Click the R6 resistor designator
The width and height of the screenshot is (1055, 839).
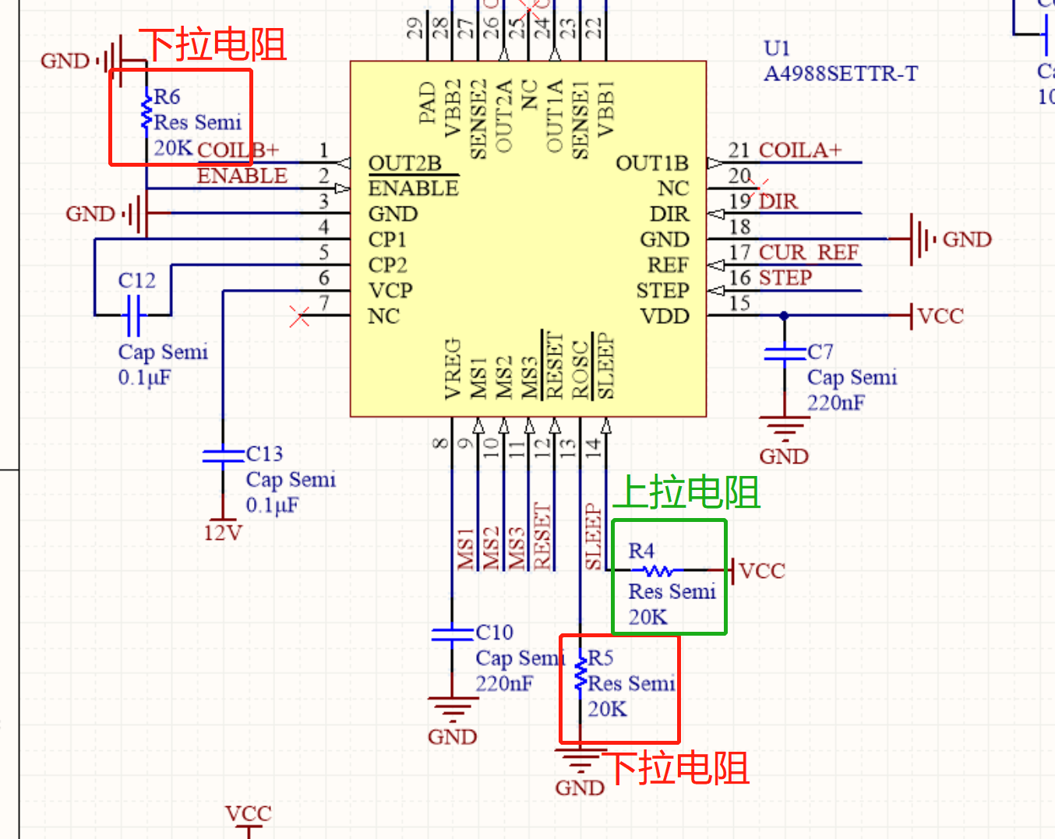click(167, 97)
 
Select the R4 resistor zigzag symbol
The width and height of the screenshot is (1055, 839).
click(658, 571)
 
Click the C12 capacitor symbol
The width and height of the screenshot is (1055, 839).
click(133, 315)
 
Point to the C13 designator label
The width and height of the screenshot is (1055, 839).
click(264, 453)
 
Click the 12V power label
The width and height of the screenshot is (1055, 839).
click(223, 533)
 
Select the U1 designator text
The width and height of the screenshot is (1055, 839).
click(777, 48)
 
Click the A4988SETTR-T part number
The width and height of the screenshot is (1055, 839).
click(841, 74)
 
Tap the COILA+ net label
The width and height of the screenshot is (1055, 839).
click(800, 150)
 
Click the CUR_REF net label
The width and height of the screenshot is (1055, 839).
click(808, 252)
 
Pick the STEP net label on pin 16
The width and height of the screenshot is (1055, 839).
click(785, 278)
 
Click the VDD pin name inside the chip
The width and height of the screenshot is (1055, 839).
click(665, 316)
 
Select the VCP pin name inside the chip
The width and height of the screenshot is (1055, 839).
click(390, 291)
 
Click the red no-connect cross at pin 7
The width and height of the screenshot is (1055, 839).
click(300, 316)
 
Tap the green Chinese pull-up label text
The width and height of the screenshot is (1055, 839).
click(686, 492)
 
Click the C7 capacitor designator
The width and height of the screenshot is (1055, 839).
click(820, 351)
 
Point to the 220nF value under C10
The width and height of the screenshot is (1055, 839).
click(504, 684)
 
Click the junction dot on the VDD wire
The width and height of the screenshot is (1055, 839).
click(784, 316)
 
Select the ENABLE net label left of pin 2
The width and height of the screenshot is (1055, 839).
click(242, 176)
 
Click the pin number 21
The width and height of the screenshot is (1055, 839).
click(739, 150)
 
